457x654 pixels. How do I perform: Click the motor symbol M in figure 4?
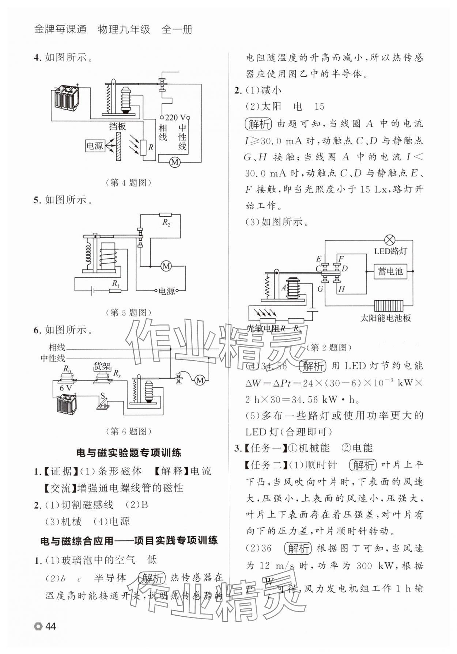click(x=175, y=161)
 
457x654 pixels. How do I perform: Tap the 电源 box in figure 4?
click(x=94, y=146)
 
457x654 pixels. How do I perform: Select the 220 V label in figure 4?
click(x=175, y=118)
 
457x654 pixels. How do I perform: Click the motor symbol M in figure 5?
click(x=166, y=266)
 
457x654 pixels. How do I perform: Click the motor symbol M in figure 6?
click(x=200, y=380)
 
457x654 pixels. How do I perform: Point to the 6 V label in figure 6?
click(x=66, y=388)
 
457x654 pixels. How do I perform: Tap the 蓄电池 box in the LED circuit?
click(x=390, y=271)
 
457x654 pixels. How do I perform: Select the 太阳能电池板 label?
click(x=385, y=318)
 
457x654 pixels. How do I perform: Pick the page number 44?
click(x=50, y=627)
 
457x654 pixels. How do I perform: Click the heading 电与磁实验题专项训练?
click(x=129, y=453)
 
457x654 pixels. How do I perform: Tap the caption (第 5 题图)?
click(x=128, y=312)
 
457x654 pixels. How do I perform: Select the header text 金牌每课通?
click(x=60, y=30)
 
